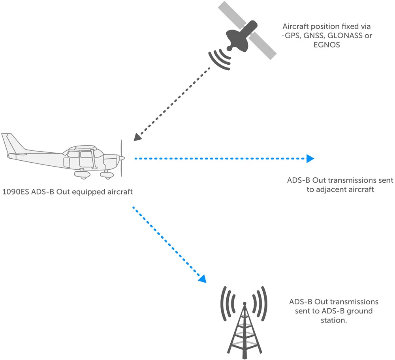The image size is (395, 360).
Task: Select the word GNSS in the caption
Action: [311, 36]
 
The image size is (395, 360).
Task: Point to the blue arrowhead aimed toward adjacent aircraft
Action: [310, 159]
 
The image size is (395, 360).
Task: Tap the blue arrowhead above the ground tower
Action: [202, 279]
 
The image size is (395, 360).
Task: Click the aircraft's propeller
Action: [122, 158]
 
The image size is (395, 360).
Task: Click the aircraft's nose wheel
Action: [106, 174]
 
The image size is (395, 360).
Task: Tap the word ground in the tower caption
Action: [359, 311]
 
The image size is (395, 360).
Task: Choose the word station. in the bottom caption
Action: [334, 320]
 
